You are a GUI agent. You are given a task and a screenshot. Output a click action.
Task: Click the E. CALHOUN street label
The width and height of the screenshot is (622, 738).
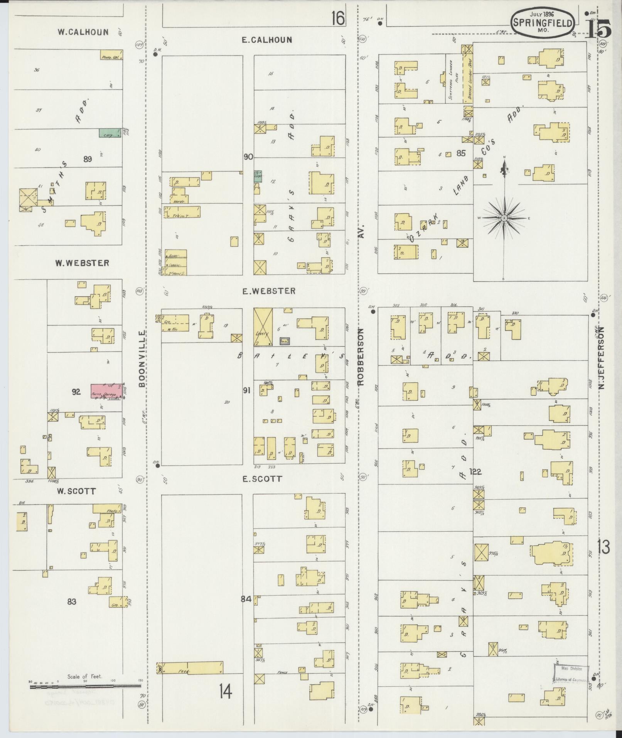click(x=266, y=40)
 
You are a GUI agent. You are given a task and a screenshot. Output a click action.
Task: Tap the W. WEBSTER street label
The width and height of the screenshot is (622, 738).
click(x=82, y=263)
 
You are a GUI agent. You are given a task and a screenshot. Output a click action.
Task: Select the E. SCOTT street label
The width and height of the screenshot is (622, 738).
click(x=262, y=479)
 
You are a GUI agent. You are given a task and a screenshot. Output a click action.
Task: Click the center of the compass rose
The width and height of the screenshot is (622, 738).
click(x=504, y=219)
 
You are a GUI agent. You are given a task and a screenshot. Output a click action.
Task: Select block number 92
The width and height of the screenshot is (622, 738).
click(x=76, y=392)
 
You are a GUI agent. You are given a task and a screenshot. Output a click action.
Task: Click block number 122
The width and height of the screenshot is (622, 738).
click(x=475, y=471)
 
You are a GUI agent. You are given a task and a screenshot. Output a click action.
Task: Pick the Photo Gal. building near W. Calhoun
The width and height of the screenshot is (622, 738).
click(x=111, y=55)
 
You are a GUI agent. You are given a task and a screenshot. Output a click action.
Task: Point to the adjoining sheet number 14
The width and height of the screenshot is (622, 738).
click(x=226, y=691)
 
